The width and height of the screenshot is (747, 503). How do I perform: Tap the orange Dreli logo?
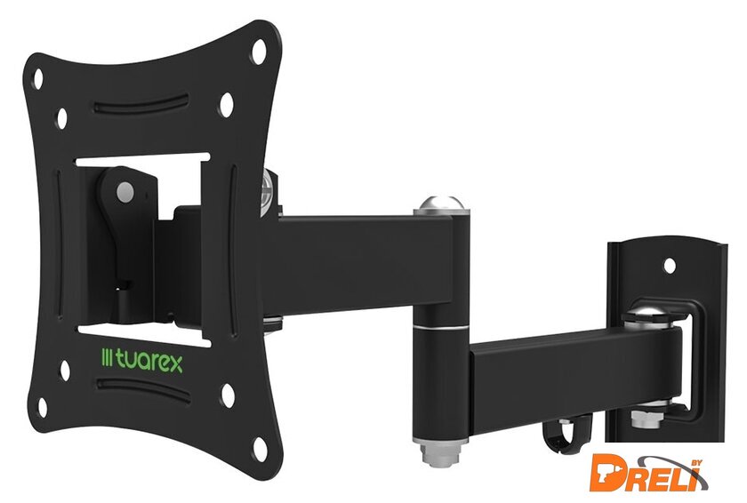pos(648,473)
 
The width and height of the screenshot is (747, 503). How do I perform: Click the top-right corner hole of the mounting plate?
pos(259,51)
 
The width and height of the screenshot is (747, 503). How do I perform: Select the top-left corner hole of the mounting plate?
pos(37,78)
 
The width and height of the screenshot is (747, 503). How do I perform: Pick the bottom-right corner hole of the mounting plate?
pos(260,449)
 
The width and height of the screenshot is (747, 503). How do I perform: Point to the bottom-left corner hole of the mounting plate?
pos(43,407)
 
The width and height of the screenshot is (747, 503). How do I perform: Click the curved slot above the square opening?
pos(141,104)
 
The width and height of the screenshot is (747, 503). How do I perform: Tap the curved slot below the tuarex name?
pos(143,390)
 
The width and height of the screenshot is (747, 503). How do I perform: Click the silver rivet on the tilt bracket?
pos(124,192)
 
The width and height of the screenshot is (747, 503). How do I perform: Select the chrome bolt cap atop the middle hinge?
pos(442,204)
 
